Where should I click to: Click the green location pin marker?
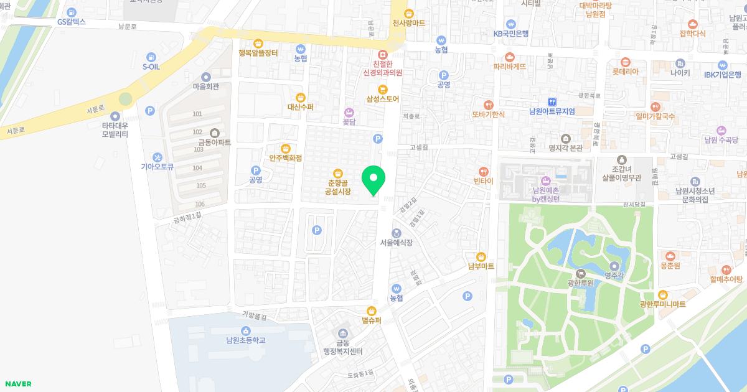(374, 180)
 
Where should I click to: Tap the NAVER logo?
(18, 384)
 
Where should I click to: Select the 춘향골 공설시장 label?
(337, 188)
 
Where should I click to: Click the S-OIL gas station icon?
(151, 57)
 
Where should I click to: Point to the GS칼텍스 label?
(71, 22)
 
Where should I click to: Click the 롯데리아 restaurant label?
(625, 72)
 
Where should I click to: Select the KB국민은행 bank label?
(511, 34)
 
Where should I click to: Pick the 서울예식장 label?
(397, 242)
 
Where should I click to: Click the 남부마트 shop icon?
(481, 256)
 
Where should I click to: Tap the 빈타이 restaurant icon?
(483, 171)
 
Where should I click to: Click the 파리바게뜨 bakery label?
(509, 66)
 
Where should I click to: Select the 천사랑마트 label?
(409, 23)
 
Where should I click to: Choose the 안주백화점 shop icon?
(285, 149)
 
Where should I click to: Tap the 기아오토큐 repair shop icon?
(157, 157)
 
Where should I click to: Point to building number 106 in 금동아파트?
(200, 204)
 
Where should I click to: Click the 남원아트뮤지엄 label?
(552, 111)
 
